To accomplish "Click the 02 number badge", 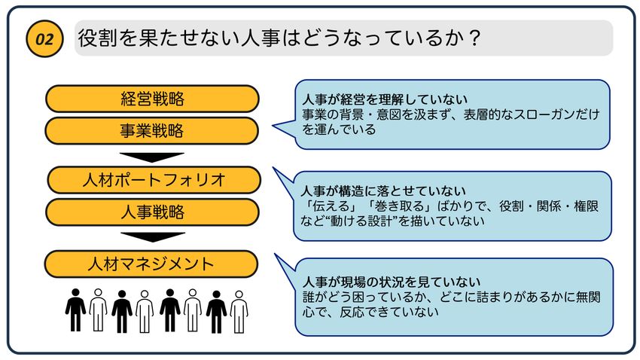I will [44, 40].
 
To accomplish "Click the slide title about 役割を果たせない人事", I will [279, 38].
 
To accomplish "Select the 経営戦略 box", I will [152, 99].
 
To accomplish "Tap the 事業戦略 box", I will [152, 131].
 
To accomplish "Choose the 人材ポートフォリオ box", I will [154, 180].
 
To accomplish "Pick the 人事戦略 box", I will [154, 212].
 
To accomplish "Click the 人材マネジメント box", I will [151, 264].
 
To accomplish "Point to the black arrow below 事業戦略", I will [152, 157].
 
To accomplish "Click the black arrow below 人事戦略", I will [152, 237].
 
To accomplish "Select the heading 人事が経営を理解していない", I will [385, 99].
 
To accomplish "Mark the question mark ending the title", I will [474, 38].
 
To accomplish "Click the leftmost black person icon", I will [75, 310].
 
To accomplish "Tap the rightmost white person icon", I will [239, 310].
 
